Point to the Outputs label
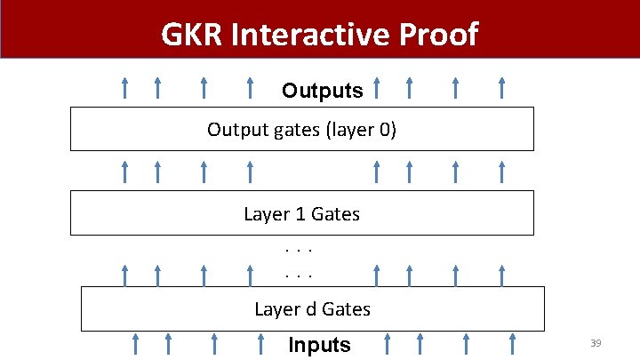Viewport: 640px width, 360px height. (322, 91)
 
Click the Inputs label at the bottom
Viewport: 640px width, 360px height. (319, 345)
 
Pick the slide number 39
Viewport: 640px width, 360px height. (596, 343)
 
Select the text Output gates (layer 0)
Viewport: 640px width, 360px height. (301, 130)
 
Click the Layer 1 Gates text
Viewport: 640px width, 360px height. (301, 214)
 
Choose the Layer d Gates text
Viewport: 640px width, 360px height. (312, 309)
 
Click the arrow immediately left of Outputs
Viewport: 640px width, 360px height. (251, 87)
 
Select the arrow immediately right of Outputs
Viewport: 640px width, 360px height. (377, 87)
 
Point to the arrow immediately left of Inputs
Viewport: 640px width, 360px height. (261, 343)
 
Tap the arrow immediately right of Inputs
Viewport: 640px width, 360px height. (388, 343)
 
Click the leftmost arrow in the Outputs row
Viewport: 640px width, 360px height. (124, 87)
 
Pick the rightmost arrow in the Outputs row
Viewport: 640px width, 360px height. (502, 87)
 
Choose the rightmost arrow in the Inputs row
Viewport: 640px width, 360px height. (513, 343)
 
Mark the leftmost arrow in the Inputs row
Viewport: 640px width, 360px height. (135, 343)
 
